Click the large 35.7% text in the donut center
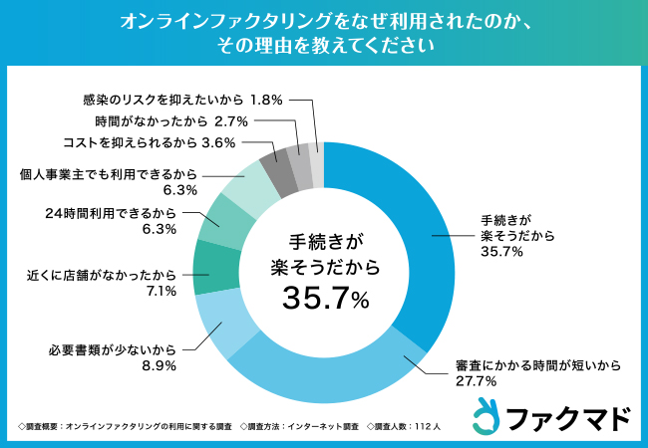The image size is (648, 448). [325, 297]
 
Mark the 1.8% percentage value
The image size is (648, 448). [267, 100]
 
